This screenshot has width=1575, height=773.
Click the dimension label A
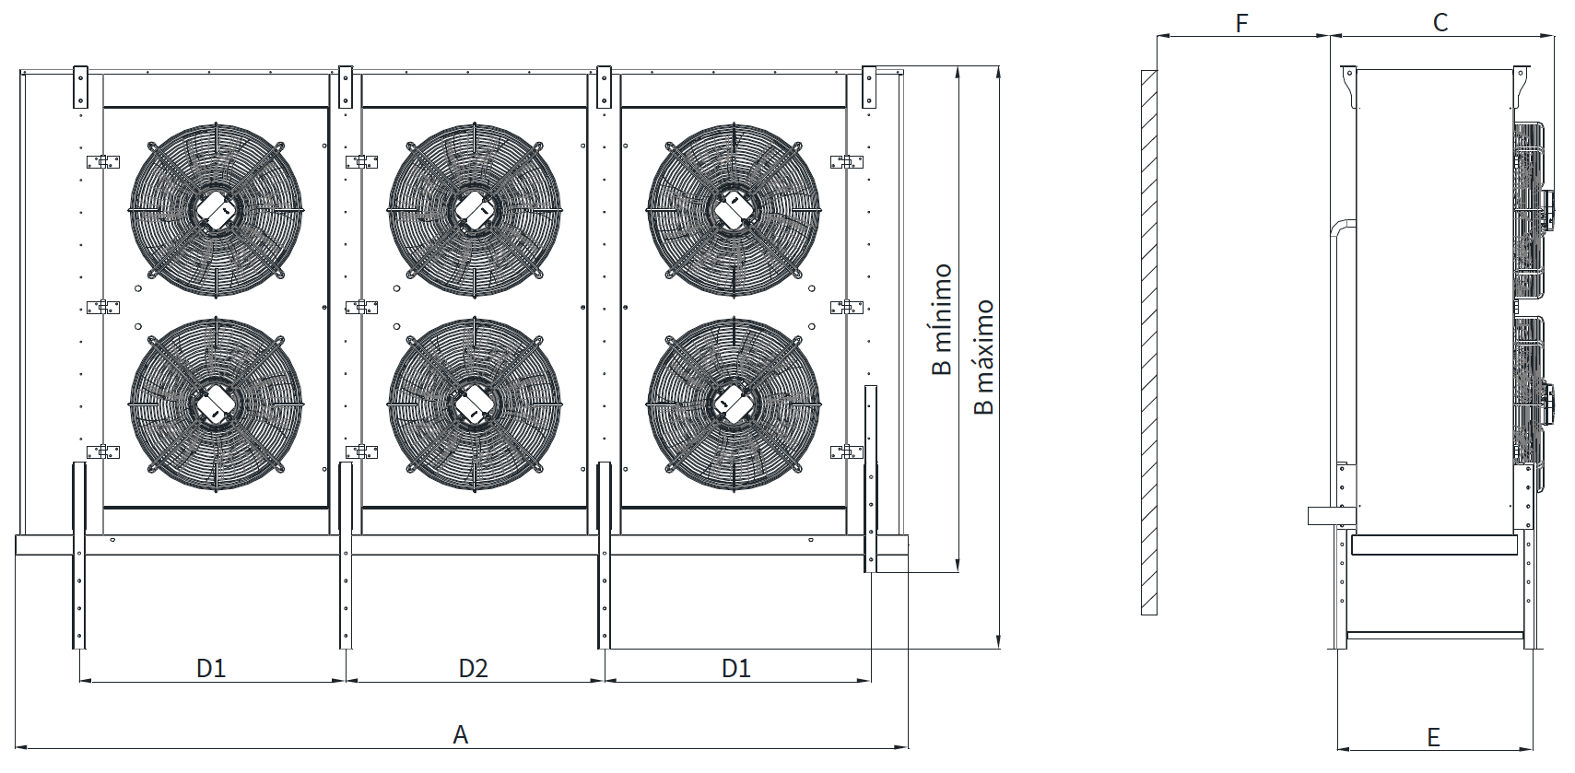tap(461, 735)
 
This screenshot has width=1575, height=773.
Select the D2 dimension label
tap(473, 668)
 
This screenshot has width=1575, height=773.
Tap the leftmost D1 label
tap(211, 668)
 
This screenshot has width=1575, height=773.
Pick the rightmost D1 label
tap(736, 668)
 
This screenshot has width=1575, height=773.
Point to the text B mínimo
tap(942, 320)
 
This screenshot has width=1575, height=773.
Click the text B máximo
tap(983, 357)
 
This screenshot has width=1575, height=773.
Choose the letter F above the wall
tap(1241, 23)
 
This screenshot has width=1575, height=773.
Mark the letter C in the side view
tap(1440, 22)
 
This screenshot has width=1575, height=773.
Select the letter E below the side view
tap(1434, 737)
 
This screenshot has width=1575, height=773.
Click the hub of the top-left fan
tap(215, 209)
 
